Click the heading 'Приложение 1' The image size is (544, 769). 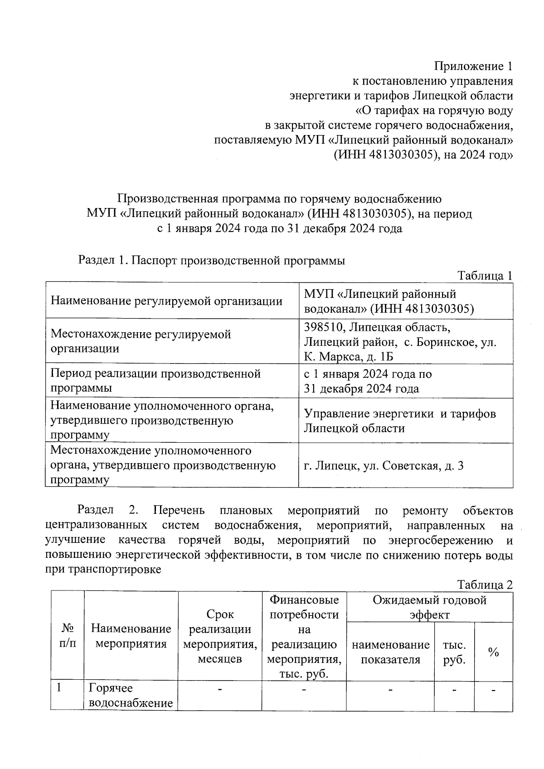(x=473, y=67)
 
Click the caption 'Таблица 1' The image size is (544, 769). (x=485, y=276)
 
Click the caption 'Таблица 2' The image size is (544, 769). (x=485, y=585)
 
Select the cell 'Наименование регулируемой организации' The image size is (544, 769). (x=166, y=301)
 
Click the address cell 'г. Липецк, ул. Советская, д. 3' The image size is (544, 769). (x=384, y=465)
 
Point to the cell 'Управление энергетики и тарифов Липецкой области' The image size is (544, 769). (x=399, y=421)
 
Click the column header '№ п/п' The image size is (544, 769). (x=68, y=636)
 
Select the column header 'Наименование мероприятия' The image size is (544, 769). (x=131, y=636)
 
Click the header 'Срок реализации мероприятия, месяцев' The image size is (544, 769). (x=220, y=636)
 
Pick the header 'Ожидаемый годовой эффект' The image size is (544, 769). (x=429, y=607)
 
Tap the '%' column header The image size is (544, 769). (x=493, y=652)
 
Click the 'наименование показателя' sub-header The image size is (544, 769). (x=390, y=652)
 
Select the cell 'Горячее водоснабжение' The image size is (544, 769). (x=131, y=696)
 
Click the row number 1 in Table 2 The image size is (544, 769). (x=59, y=688)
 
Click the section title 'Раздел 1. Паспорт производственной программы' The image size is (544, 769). (x=212, y=261)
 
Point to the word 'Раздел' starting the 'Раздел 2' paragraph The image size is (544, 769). (x=95, y=511)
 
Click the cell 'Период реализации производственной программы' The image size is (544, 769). (x=155, y=381)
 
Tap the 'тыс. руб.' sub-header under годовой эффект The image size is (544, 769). (x=454, y=652)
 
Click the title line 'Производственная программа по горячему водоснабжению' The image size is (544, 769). (x=279, y=198)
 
